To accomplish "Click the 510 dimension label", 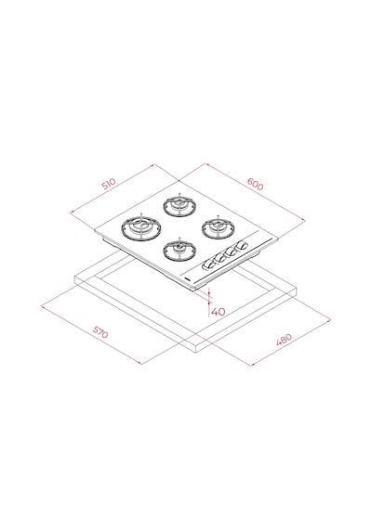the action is coord(109,184).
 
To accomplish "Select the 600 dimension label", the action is coord(255,184).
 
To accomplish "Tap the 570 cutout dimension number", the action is coord(100,331).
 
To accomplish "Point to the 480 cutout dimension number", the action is coord(284,340).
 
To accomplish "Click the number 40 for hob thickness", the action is coord(219,312).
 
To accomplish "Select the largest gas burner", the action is coord(141,227).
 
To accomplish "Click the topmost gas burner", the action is coord(179,205).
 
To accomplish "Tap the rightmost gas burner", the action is coord(219,228).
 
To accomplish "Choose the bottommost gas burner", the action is coord(179,250).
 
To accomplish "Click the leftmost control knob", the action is coord(207,265).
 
